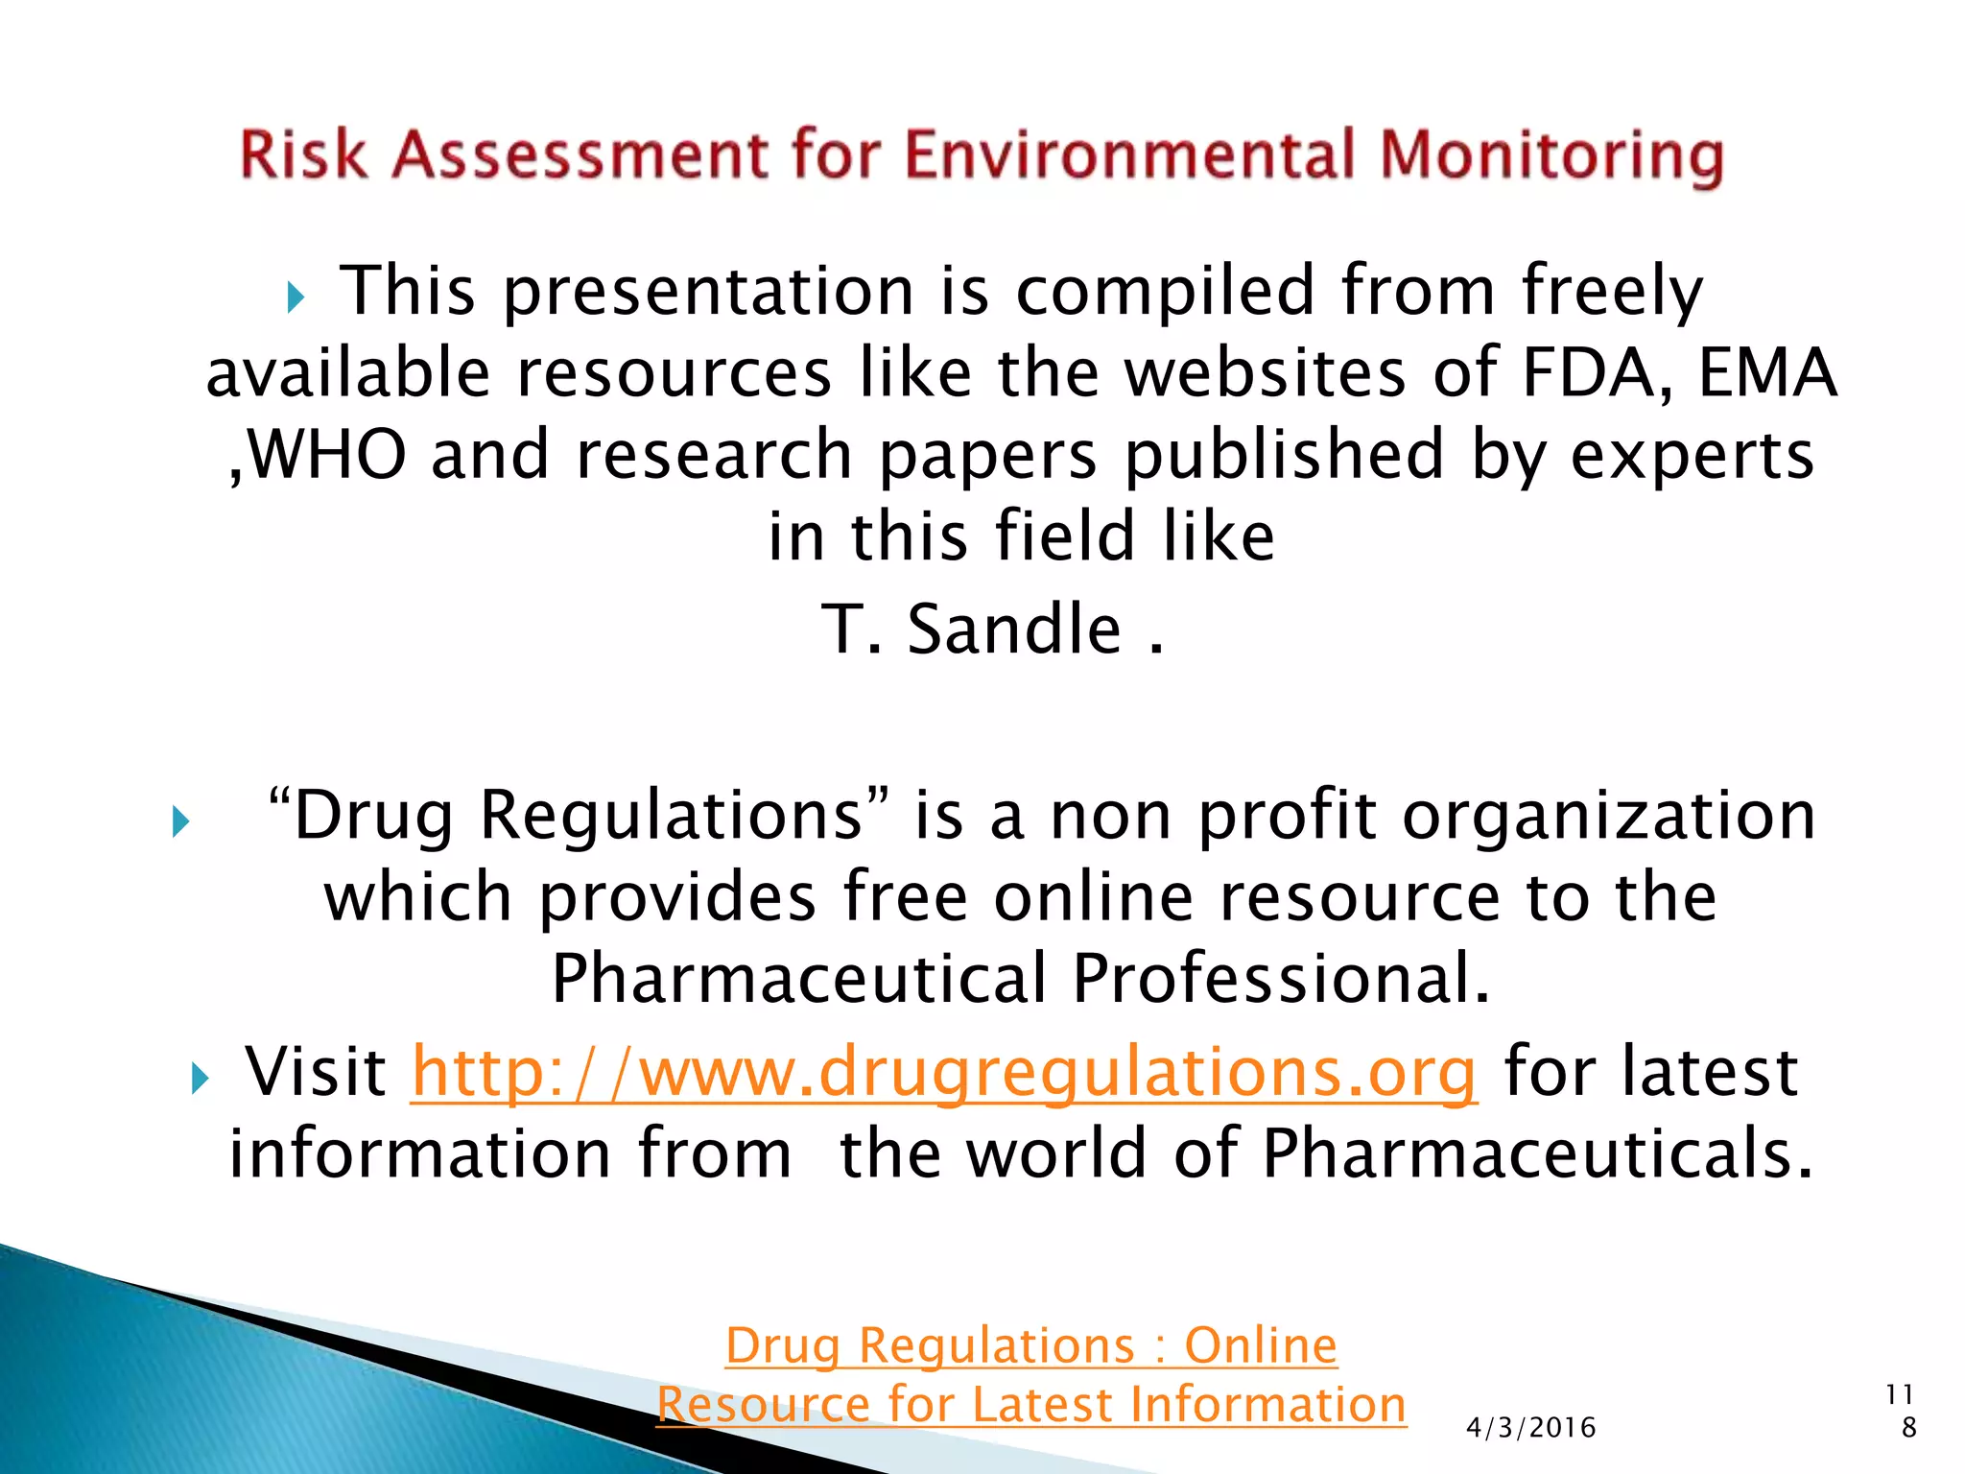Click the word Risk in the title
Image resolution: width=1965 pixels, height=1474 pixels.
[x=302, y=155]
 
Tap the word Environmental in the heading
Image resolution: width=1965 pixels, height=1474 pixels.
[x=1128, y=155]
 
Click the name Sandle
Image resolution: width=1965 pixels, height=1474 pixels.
[x=1014, y=630]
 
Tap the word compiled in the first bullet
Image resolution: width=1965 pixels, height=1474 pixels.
[x=1165, y=291]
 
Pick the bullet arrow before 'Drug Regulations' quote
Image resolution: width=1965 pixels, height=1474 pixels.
[x=180, y=821]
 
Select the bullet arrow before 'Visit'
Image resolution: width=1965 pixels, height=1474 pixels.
[x=200, y=1079]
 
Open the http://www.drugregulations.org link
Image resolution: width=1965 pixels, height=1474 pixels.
[x=944, y=1072]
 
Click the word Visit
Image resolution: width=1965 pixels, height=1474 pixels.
[x=316, y=1072]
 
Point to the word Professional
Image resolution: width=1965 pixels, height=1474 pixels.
[x=1281, y=979]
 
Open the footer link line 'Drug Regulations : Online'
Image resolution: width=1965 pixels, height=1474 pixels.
[x=1031, y=1345]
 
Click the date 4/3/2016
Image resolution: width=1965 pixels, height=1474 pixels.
[x=1531, y=1428]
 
